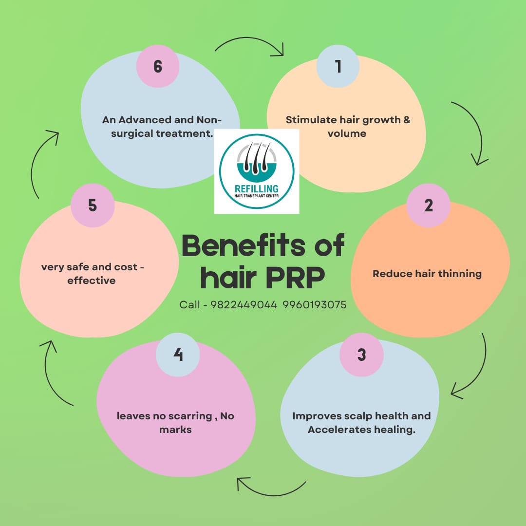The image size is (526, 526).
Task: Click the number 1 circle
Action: (x=338, y=66)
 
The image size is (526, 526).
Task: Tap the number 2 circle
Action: (x=428, y=205)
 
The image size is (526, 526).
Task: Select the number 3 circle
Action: (x=361, y=355)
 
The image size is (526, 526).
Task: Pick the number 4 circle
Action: (x=178, y=355)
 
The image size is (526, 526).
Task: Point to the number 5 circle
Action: (x=93, y=205)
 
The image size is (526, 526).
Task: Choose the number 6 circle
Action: (x=157, y=66)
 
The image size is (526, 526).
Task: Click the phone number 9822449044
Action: (x=244, y=305)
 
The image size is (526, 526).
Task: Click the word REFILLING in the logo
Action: (x=257, y=188)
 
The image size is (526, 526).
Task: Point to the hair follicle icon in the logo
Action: (x=257, y=159)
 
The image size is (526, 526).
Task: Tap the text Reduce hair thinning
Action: (x=427, y=274)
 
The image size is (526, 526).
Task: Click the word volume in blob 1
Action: (x=347, y=133)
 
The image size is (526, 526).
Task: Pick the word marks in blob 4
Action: (x=175, y=430)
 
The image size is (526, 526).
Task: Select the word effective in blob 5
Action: (x=92, y=281)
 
